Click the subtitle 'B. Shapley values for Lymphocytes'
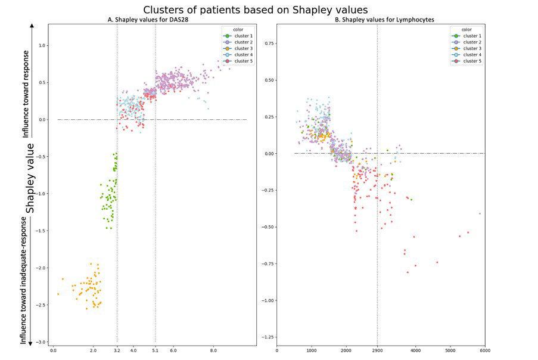tap(380, 20)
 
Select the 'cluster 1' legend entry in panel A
tap(239, 36)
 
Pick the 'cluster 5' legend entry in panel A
tap(239, 61)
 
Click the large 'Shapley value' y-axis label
tap(29, 178)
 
